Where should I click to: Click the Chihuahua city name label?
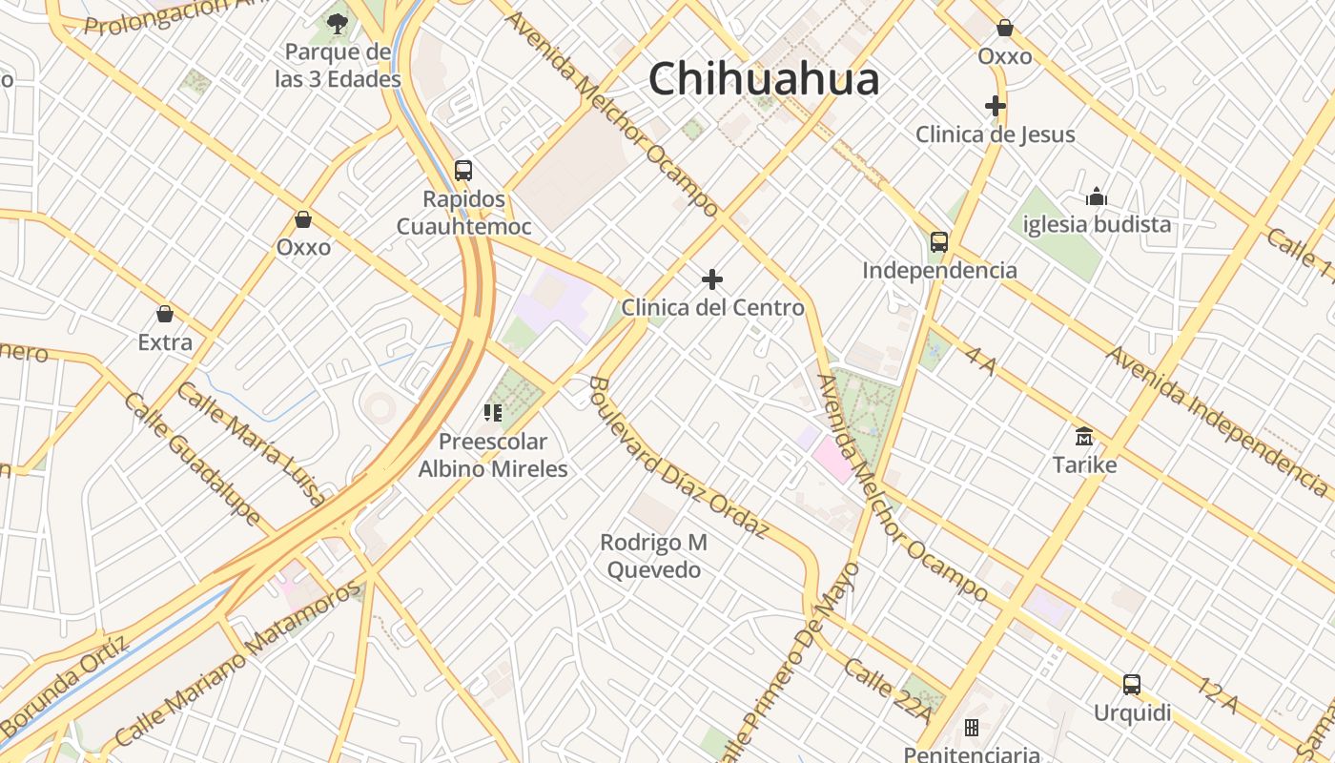click(763, 79)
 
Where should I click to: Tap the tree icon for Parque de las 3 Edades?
click(337, 24)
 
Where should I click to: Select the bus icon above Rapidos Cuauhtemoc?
click(463, 171)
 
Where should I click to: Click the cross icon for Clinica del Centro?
click(712, 279)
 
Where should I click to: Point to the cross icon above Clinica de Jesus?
click(996, 106)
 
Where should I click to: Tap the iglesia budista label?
click(1097, 225)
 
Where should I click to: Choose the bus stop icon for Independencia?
click(939, 241)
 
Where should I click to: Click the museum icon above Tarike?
click(1084, 437)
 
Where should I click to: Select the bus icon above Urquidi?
click(1132, 684)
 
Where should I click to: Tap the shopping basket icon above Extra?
click(165, 314)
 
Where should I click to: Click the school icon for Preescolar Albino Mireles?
click(493, 413)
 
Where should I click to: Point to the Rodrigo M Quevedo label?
click(654, 556)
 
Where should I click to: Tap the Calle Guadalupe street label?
click(192, 458)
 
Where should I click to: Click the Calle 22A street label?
click(882, 681)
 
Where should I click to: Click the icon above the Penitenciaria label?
click(972, 728)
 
